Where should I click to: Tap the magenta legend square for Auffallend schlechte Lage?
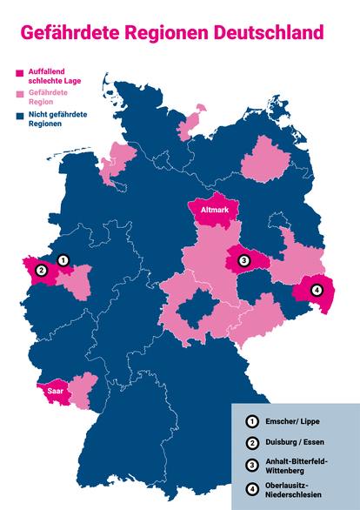pyautogui.click(x=20, y=71)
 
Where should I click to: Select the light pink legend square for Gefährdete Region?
pyautogui.click(x=20, y=93)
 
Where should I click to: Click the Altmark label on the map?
pyautogui.click(x=214, y=211)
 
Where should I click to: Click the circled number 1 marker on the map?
pyautogui.click(x=62, y=259)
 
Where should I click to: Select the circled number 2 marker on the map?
pyautogui.click(x=40, y=271)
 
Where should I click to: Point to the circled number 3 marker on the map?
pyautogui.click(x=244, y=260)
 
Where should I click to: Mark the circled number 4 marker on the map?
pyautogui.click(x=317, y=290)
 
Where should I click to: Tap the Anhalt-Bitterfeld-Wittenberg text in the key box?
pyautogui.click(x=296, y=466)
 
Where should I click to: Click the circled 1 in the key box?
pyautogui.click(x=252, y=422)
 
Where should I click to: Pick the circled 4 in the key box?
pyautogui.click(x=252, y=489)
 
